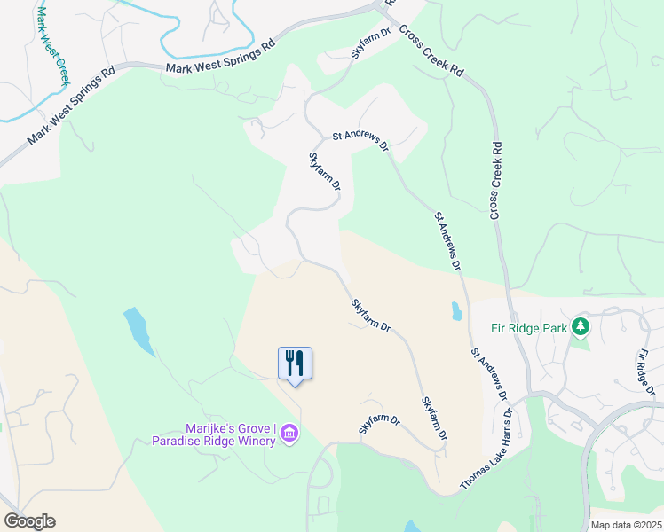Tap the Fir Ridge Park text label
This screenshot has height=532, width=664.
pos(528,328)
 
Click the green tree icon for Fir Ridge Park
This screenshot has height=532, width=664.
pos(581,327)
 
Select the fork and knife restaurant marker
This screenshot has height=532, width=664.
pos(295,364)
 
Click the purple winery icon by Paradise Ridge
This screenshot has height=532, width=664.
pos(289,434)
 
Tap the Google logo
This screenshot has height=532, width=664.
pos(29,521)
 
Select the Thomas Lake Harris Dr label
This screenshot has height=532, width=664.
pos(487,450)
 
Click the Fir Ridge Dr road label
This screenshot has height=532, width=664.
pos(645,372)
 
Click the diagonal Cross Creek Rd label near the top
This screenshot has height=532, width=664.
pos(431,49)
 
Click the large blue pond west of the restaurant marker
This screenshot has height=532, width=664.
pos(138,330)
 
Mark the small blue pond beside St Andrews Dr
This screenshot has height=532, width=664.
pos(456,311)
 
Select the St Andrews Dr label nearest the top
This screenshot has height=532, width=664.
pos(360,138)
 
